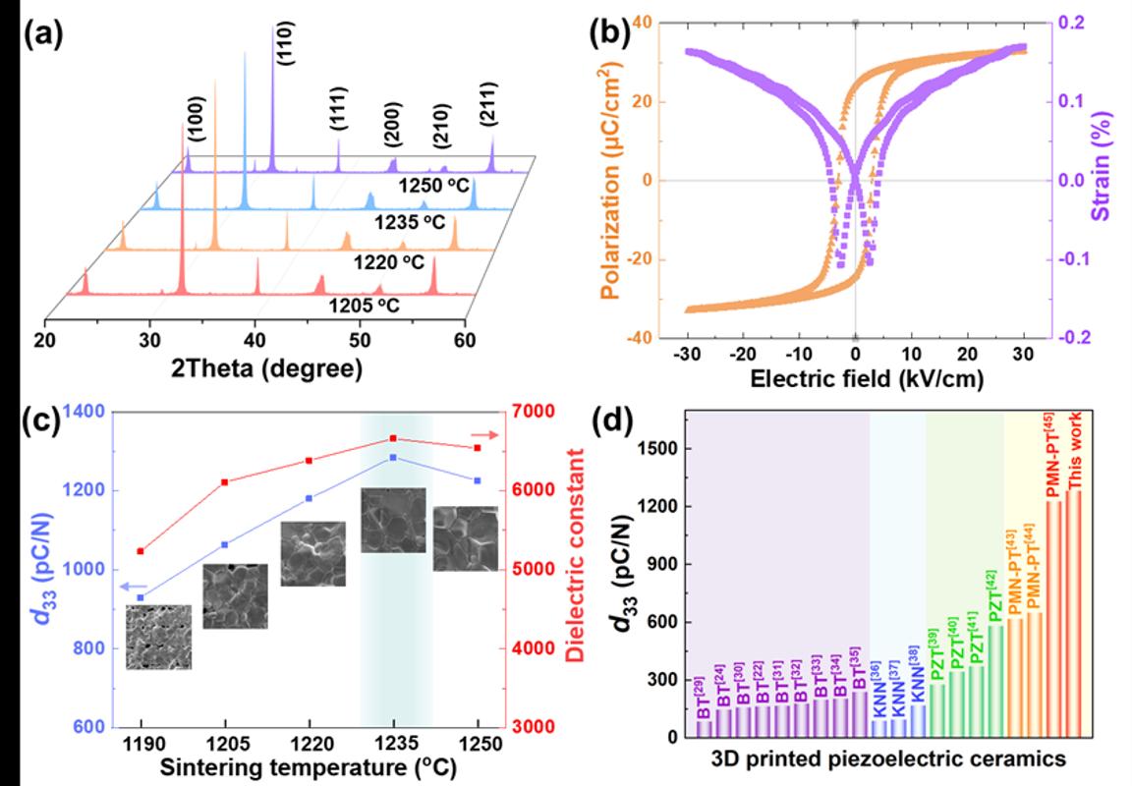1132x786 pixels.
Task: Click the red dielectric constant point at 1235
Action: click(x=393, y=438)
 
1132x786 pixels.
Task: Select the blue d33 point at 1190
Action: click(x=141, y=597)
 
